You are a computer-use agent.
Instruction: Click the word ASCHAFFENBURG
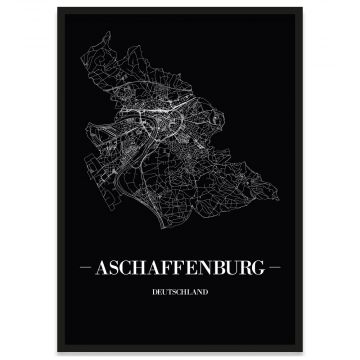pyautogui.click(x=180, y=270)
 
